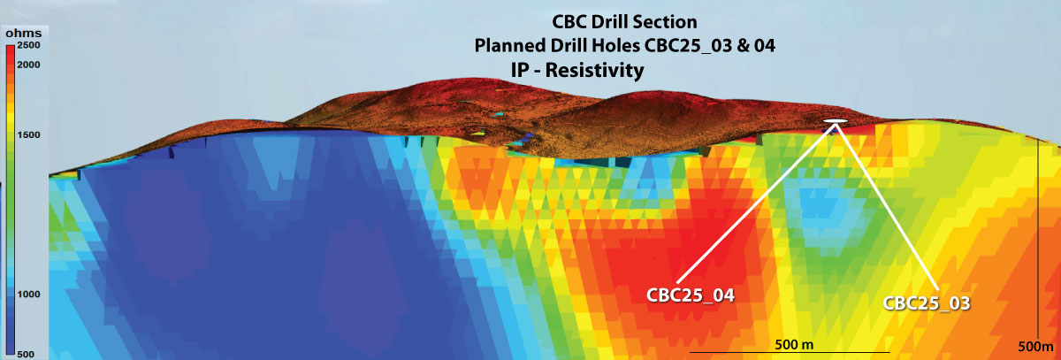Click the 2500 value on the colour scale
(x=28, y=45)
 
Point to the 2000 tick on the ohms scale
(x=28, y=65)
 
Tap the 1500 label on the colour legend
(x=28, y=135)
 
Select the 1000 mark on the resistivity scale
(x=28, y=295)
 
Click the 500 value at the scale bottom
(x=26, y=355)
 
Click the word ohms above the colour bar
(x=24, y=33)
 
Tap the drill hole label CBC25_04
(x=691, y=295)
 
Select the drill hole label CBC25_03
(x=927, y=303)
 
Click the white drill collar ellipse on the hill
(x=835, y=121)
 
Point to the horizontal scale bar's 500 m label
(x=794, y=344)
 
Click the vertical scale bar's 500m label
(x=1036, y=347)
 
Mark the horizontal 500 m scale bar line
(x=790, y=352)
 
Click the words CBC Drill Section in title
(x=624, y=22)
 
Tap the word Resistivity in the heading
(x=594, y=70)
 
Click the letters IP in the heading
(x=519, y=70)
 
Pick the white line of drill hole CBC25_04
(x=756, y=203)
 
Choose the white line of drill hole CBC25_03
(x=886, y=205)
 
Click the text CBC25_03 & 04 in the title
(x=709, y=46)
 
